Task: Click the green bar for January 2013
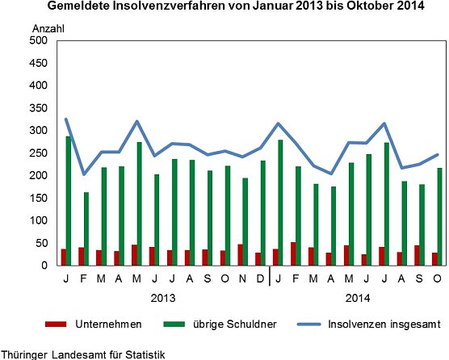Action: pos(68,201)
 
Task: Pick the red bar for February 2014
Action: pos(292,253)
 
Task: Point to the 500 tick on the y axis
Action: pos(38,40)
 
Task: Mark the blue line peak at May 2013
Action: pos(136,122)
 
